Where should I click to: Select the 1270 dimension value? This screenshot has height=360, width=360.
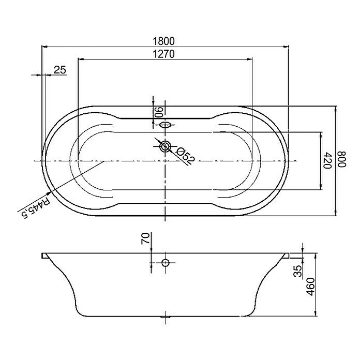(164, 54)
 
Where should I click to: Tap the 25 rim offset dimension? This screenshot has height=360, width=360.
(60, 70)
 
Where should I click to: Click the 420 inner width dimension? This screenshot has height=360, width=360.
(327, 161)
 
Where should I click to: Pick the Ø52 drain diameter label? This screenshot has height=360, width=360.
(185, 155)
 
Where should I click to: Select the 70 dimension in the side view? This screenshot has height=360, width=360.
(146, 239)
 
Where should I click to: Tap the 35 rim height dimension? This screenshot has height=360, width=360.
(298, 272)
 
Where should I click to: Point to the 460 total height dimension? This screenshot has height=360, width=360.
(310, 286)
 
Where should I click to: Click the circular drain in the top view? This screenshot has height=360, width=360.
(165, 146)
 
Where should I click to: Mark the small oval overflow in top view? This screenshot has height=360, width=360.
(165, 125)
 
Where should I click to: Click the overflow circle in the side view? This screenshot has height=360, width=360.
(165, 263)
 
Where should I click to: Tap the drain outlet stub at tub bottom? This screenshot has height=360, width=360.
(165, 316)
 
